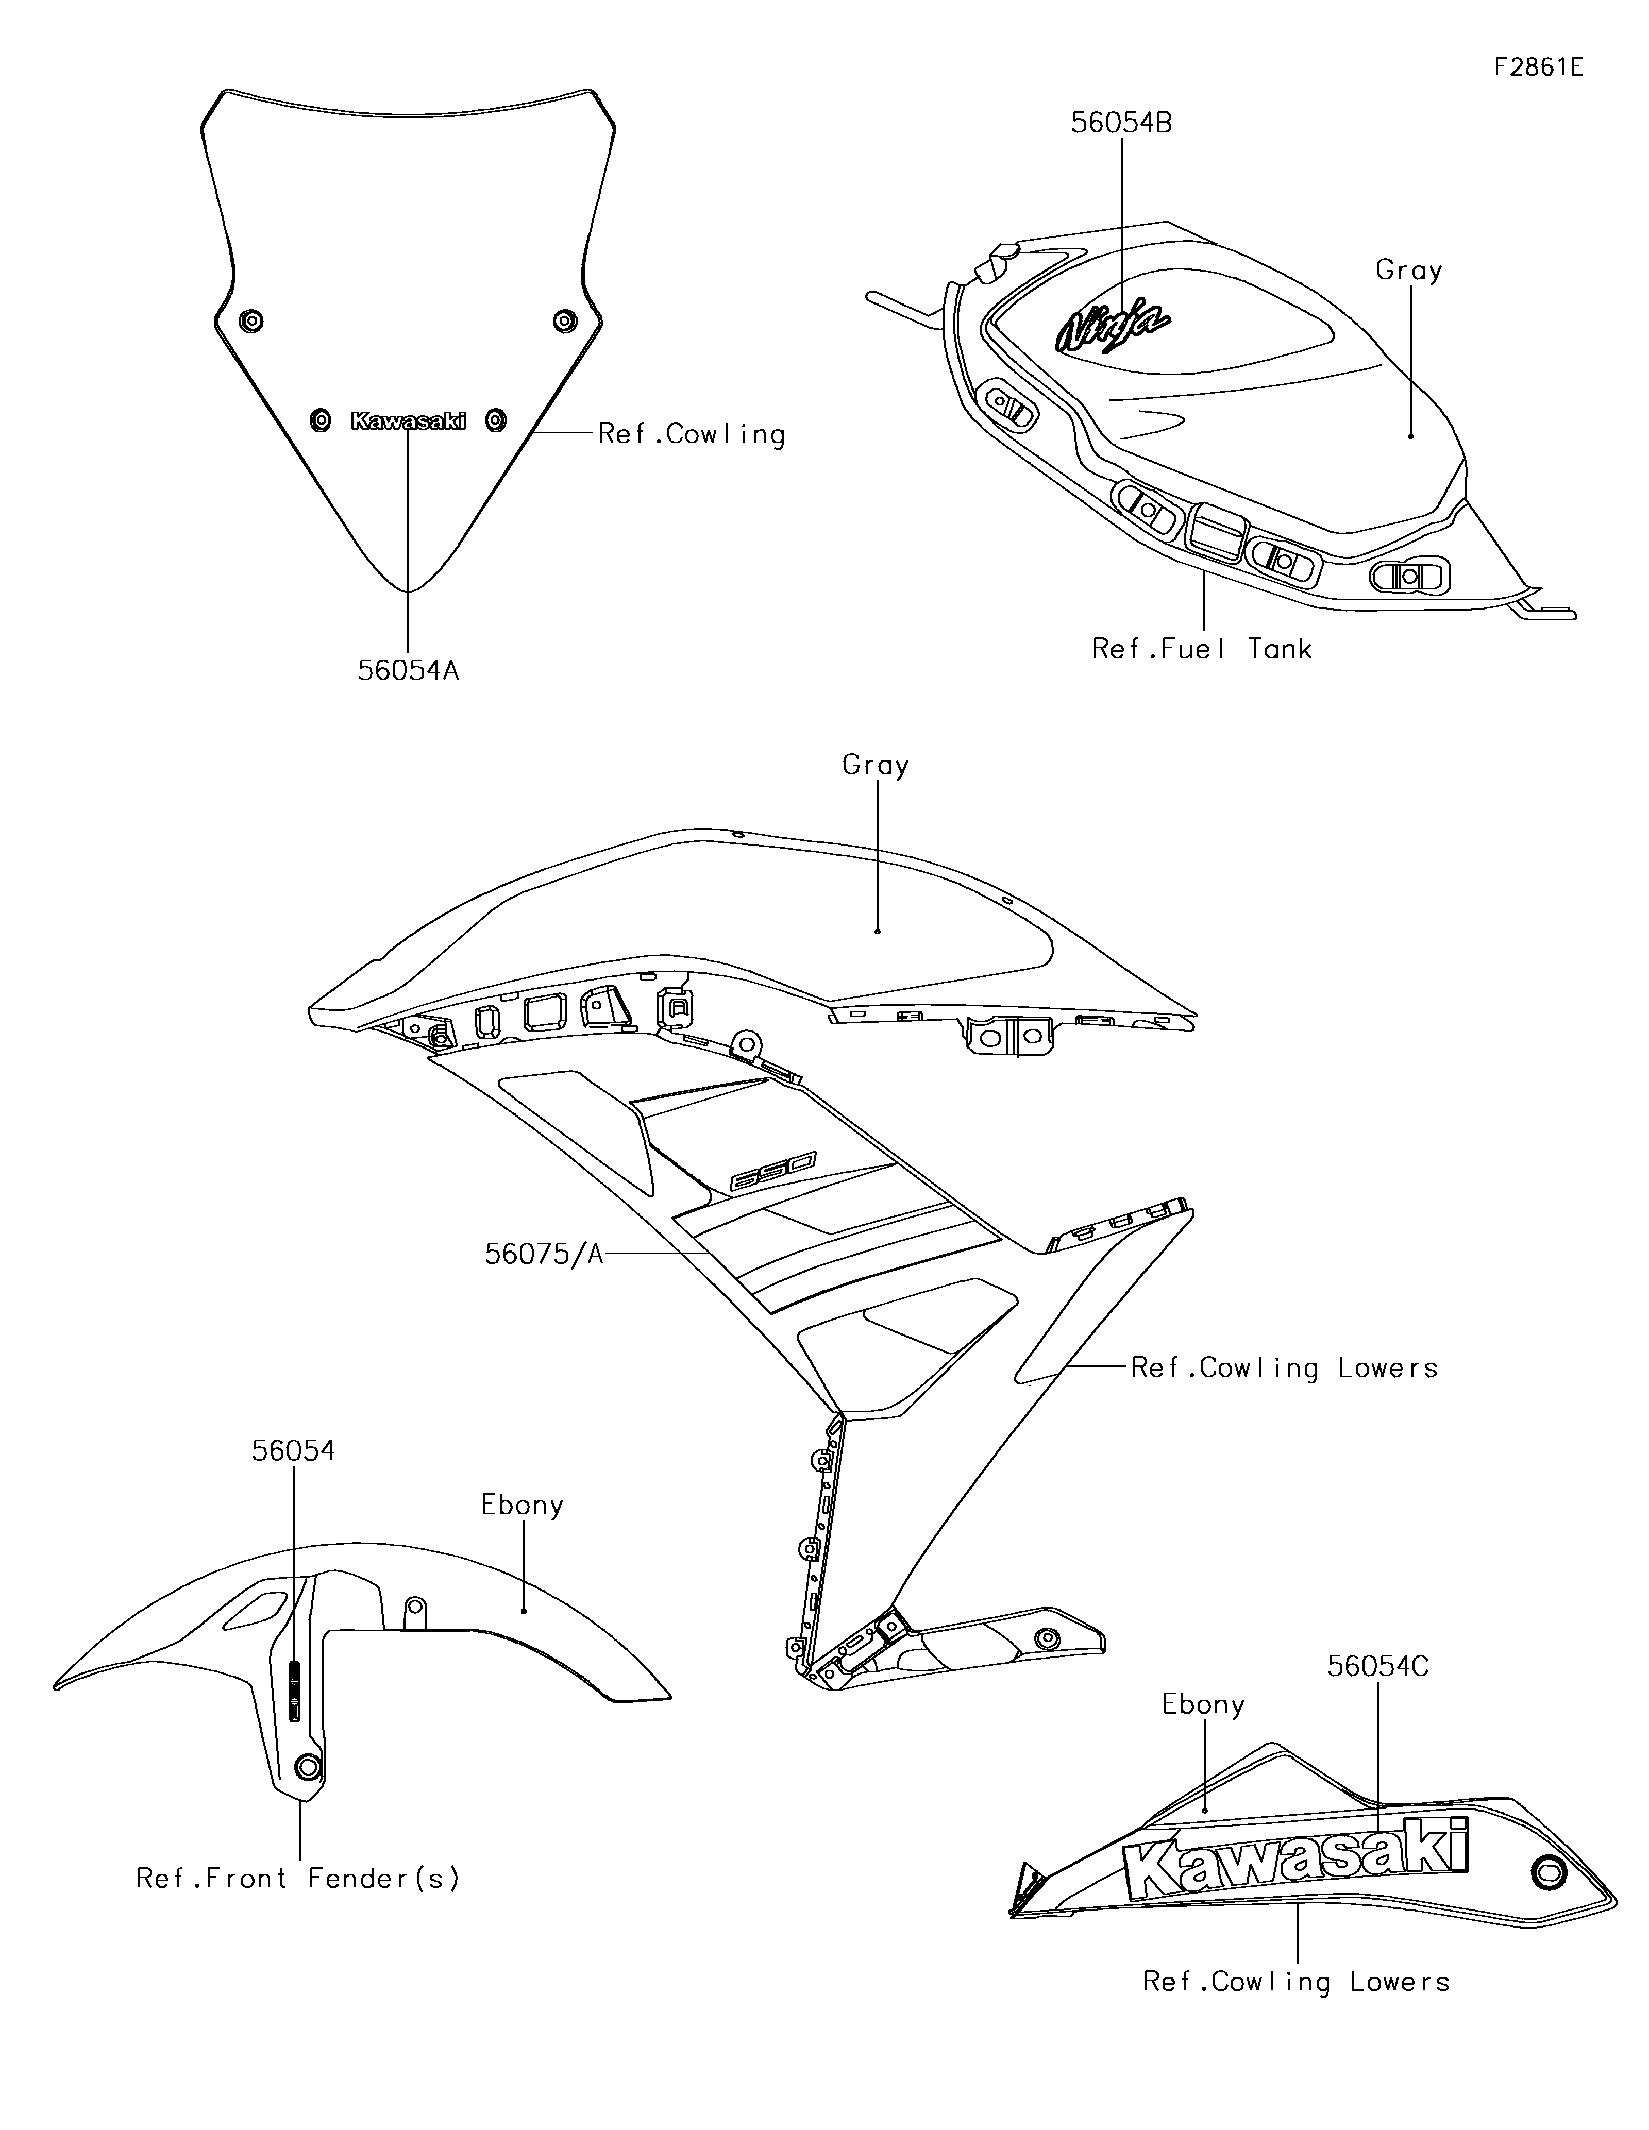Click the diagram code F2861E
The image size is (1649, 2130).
[1538, 67]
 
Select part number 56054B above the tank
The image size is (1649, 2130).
[1121, 123]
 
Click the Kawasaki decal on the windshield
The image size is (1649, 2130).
[408, 420]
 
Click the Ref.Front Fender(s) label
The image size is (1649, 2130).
[297, 1879]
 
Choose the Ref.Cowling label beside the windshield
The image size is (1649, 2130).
[692, 434]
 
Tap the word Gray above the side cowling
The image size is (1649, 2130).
[876, 766]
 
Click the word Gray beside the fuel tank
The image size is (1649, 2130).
[1408, 270]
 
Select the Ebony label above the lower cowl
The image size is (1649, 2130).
[1203, 1705]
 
